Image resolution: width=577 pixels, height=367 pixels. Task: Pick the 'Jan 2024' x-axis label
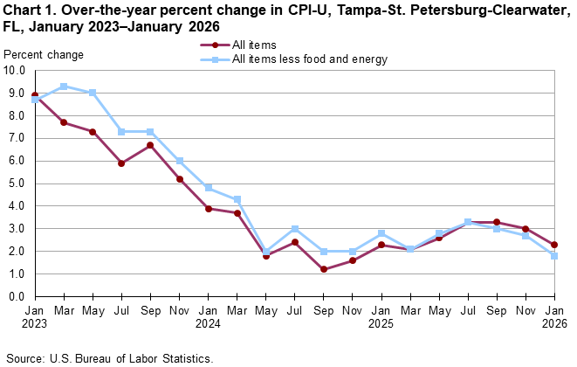pos(209,317)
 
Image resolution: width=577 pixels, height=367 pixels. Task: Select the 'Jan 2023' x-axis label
pos(35,317)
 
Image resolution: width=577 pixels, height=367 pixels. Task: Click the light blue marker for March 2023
pos(64,87)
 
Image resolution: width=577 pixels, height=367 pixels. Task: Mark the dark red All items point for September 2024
pos(324,269)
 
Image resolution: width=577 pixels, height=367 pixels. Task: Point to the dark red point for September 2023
pos(150,145)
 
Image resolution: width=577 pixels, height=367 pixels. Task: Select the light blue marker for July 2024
pos(295,229)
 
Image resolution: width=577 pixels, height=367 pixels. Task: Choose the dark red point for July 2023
pos(121,163)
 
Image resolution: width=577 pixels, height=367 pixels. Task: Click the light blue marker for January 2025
pos(381,233)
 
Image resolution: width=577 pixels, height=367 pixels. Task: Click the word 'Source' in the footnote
pos(24,358)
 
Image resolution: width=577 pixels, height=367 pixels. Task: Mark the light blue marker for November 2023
pos(179,161)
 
